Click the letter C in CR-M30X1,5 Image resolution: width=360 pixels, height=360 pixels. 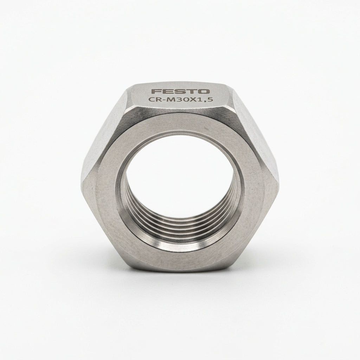click(151, 99)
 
